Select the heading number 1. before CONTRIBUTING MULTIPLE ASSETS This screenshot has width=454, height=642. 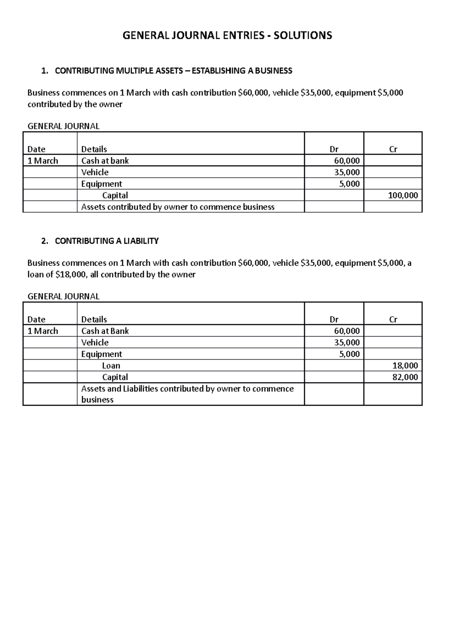45,71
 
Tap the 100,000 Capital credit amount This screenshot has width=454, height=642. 403,195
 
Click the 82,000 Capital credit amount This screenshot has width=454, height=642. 405,377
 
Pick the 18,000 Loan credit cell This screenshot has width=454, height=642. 405,366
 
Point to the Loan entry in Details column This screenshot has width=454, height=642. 111,366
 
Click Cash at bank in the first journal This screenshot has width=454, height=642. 105,161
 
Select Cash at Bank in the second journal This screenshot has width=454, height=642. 105,331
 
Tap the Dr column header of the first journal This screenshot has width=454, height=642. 334,149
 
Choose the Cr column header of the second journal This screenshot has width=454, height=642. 393,319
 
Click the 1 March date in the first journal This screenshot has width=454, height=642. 43,161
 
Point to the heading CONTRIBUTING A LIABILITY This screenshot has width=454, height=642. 107,241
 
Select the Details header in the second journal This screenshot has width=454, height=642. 94,319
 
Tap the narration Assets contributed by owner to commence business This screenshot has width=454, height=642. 177,207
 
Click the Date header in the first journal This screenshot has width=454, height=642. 36,149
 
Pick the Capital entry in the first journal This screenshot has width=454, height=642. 115,195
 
